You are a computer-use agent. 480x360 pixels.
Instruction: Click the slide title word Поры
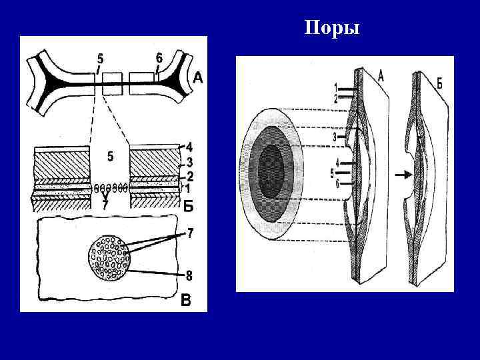(x=331, y=28)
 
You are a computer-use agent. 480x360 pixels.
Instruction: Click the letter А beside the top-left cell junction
(x=198, y=79)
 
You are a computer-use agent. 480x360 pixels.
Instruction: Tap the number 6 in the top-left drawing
(x=158, y=57)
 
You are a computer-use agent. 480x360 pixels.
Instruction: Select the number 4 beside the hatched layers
(x=189, y=145)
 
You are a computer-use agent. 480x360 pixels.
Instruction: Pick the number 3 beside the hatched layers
(x=189, y=162)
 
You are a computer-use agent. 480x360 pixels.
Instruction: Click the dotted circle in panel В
(x=108, y=257)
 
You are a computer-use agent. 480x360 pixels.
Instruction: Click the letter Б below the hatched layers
(x=189, y=207)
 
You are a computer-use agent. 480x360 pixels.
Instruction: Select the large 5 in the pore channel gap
(x=110, y=157)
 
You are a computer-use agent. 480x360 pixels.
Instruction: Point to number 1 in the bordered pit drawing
(x=335, y=87)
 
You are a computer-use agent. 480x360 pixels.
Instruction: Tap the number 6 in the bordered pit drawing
(x=338, y=184)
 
